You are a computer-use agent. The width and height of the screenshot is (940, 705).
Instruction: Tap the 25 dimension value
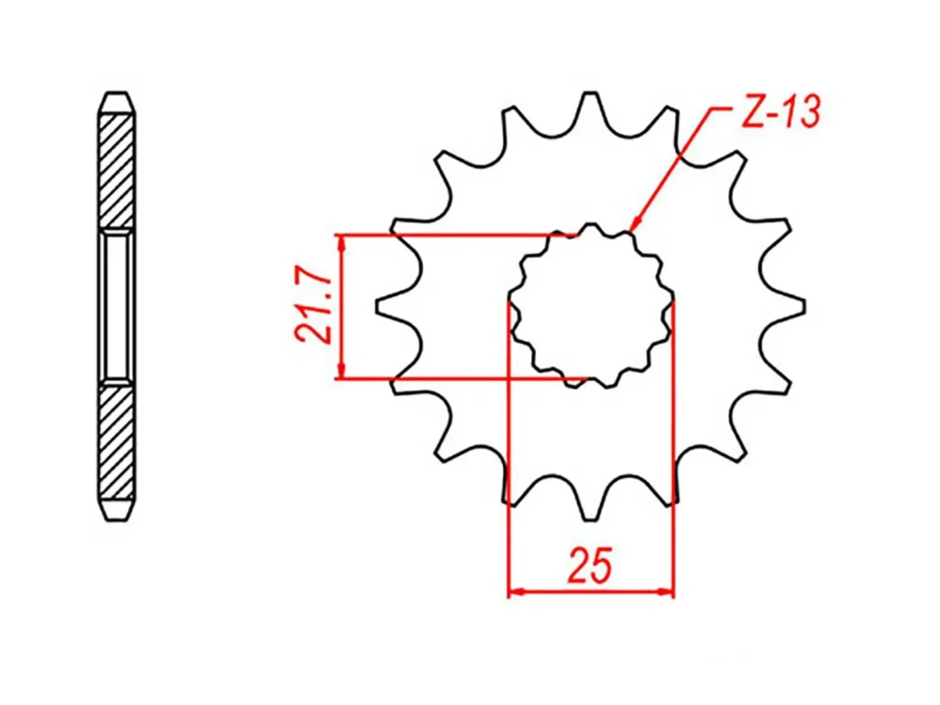pos(591,565)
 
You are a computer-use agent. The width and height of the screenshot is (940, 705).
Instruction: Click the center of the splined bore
pos(592,307)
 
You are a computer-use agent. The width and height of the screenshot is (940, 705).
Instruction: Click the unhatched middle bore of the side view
pos(117,306)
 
